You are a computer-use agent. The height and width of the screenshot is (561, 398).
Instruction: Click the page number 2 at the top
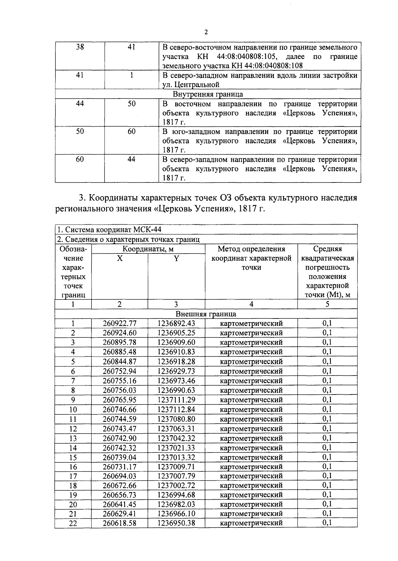(x=206, y=32)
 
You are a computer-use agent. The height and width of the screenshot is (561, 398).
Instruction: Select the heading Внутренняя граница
(x=208, y=94)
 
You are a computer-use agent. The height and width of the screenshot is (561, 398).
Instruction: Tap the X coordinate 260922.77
(x=119, y=323)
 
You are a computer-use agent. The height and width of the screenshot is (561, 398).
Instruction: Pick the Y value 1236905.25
(x=176, y=333)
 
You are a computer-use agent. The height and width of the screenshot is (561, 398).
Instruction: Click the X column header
(x=119, y=258)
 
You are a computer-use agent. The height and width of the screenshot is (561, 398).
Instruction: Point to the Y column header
(x=176, y=258)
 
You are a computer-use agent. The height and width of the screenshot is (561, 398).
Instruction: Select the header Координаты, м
(x=148, y=249)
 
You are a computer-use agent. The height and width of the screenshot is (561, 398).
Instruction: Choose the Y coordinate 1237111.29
(x=176, y=400)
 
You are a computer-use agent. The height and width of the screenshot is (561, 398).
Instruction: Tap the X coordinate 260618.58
(x=119, y=524)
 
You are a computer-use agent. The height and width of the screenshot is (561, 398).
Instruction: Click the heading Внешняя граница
(x=206, y=314)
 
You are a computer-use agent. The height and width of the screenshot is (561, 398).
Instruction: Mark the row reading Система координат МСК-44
(x=109, y=230)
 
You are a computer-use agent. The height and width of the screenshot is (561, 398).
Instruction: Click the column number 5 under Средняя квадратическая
(x=327, y=304)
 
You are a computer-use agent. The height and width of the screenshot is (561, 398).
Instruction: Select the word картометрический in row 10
(x=251, y=410)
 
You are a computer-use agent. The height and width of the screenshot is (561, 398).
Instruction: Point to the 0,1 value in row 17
(x=327, y=476)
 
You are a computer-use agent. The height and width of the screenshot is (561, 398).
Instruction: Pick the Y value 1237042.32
(x=176, y=438)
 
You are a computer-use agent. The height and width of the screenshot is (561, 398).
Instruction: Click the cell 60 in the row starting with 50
(x=131, y=132)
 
